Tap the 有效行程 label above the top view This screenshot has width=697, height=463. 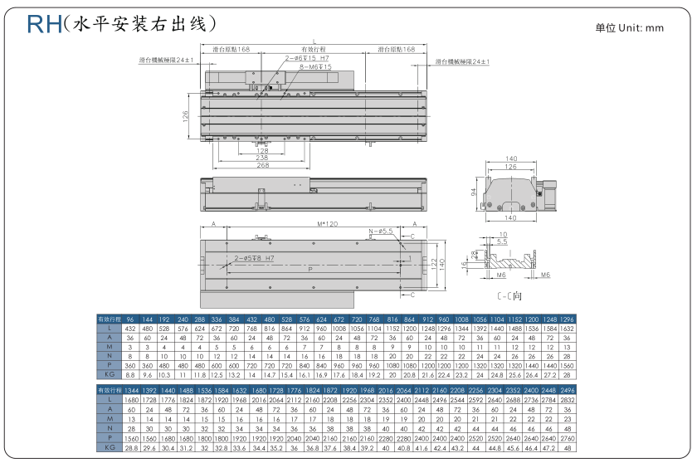314,50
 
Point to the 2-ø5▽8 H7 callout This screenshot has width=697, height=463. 254,258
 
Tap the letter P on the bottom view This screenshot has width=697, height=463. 310,269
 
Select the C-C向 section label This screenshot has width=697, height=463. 509,295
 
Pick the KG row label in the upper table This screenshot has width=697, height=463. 109,375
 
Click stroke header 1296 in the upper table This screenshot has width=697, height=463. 568,319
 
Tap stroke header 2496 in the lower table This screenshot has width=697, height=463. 568,390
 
